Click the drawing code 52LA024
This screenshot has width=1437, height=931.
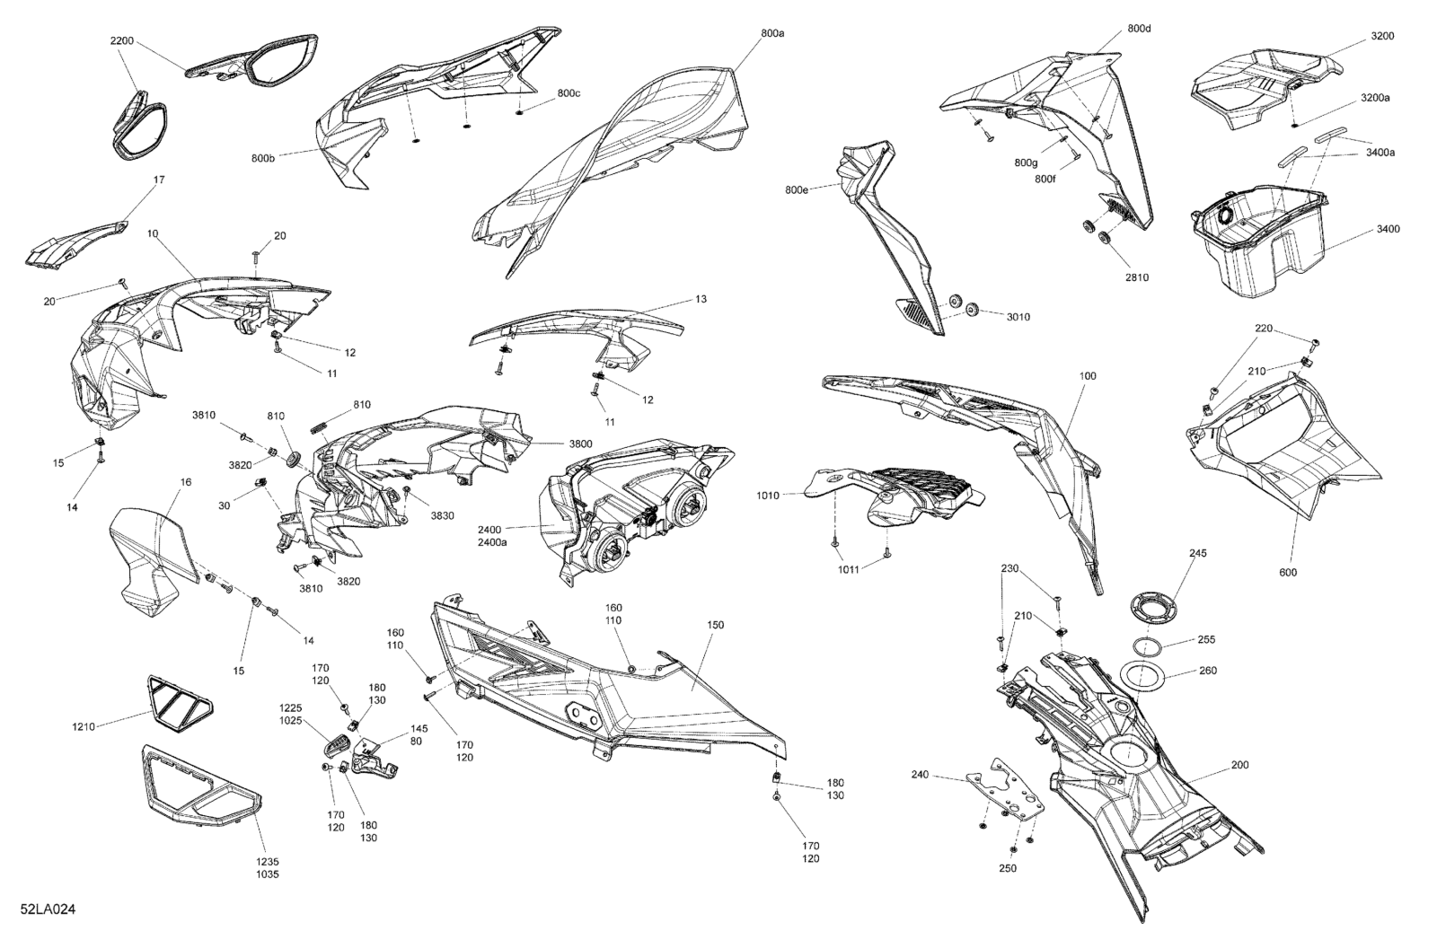pyautogui.click(x=48, y=909)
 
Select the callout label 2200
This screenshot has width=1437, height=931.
pyautogui.click(x=122, y=40)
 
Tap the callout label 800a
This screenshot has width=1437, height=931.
pyautogui.click(x=772, y=33)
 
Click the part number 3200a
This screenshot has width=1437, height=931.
pyautogui.click(x=1375, y=98)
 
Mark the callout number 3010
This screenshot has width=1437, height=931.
pyautogui.click(x=1018, y=317)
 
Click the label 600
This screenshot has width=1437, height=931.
pyautogui.click(x=1288, y=573)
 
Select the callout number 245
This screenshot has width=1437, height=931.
pyautogui.click(x=1198, y=553)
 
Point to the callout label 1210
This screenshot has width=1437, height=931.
pyautogui.click(x=84, y=726)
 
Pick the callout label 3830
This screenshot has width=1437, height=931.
pyautogui.click(x=442, y=514)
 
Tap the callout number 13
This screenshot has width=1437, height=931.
pyautogui.click(x=701, y=299)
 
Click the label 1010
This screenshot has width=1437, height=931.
pyautogui.click(x=768, y=495)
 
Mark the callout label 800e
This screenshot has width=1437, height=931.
pyautogui.click(x=796, y=189)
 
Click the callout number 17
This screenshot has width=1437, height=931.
pyautogui.click(x=159, y=180)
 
